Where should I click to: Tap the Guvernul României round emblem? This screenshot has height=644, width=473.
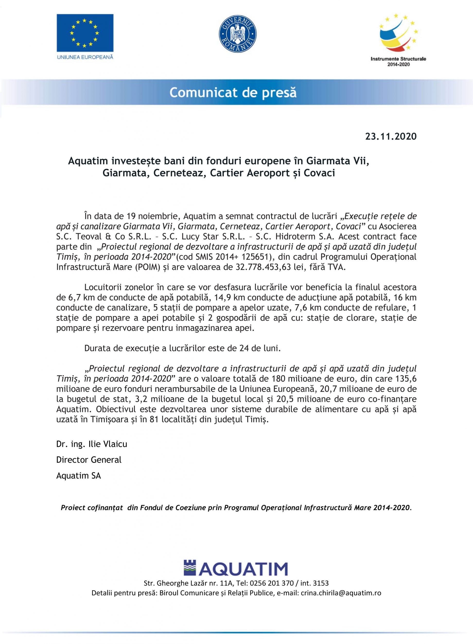tap(237, 33)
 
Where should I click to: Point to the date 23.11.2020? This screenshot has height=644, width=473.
tap(391, 137)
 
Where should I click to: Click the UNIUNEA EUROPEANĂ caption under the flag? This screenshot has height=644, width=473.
tap(85, 57)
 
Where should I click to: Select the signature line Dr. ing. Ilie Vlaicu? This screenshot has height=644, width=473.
tap(92, 444)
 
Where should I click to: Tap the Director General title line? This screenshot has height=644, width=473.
tap(89, 460)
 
